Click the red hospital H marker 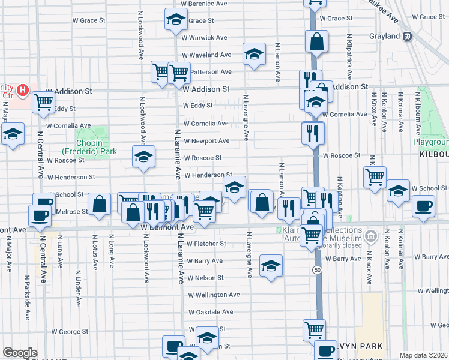[x=23, y=91]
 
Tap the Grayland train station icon [x=407, y=36]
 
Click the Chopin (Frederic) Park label [x=83, y=148]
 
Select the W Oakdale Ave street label [x=210, y=312]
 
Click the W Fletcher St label [x=206, y=244]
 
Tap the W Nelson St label [x=205, y=278]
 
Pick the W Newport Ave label [x=206, y=141]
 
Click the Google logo [x=20, y=353]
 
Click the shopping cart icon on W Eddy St [x=43, y=102]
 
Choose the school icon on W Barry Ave [x=271, y=265]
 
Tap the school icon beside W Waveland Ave [x=254, y=55]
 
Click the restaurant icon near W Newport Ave [x=312, y=133]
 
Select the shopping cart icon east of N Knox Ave [x=375, y=176]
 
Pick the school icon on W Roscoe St [x=143, y=157]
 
